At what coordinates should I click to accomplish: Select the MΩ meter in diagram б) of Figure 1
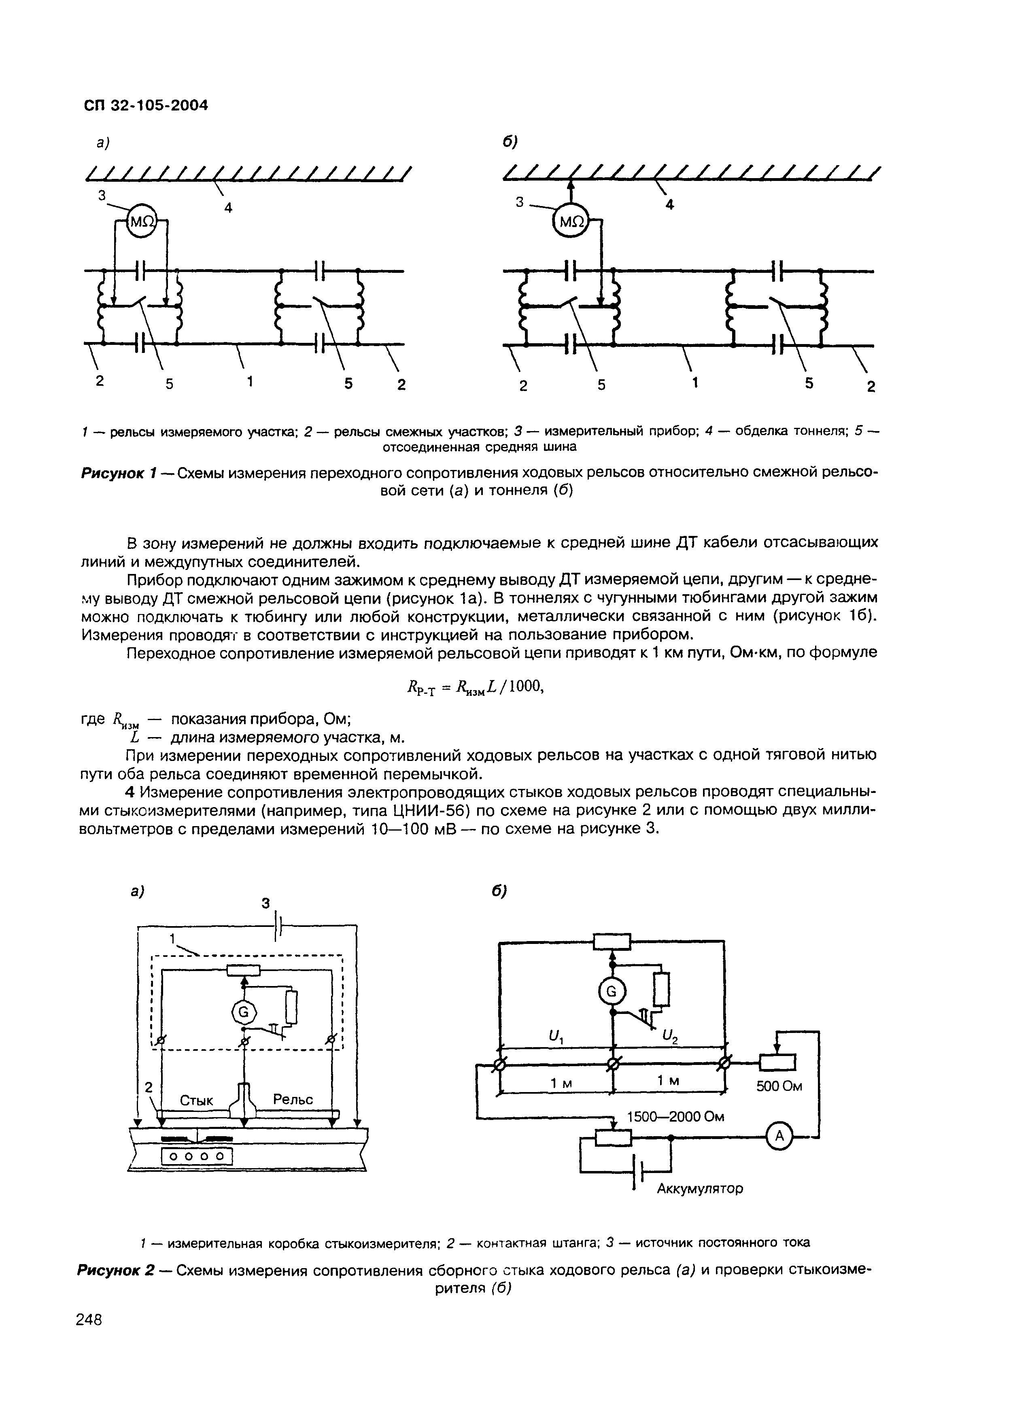click(x=571, y=221)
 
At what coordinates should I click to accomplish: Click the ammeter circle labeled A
click(x=778, y=1137)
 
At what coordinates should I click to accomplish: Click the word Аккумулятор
click(x=700, y=1189)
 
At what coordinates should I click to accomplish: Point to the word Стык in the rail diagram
click(x=196, y=1101)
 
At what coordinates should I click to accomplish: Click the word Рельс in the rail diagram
click(x=293, y=1099)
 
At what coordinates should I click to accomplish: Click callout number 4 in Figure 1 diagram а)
click(x=228, y=208)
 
